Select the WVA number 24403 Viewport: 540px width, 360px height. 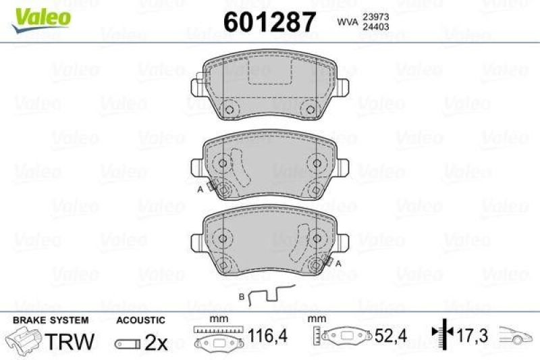(377, 28)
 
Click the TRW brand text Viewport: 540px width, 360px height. (70, 342)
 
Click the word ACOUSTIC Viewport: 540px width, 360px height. (140, 320)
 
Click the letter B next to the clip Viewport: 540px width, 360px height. (242, 297)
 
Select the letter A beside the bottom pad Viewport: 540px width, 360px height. (337, 263)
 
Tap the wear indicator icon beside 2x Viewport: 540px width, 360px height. (128, 344)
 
